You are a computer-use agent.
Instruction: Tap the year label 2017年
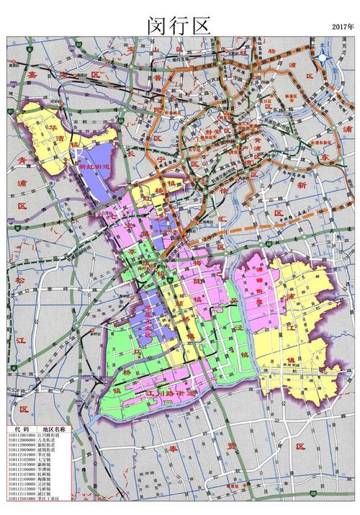tap(343, 26)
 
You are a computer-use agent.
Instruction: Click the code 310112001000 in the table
tap(22, 434)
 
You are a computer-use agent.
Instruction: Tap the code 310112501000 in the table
tap(22, 498)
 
